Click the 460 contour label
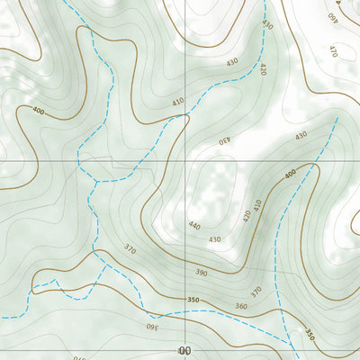tap(332, 16)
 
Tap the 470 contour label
tap(333, 51)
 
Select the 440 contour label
tap(195, 226)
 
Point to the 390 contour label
tap(201, 271)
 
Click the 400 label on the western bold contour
tap(38, 111)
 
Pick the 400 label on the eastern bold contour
tap(289, 173)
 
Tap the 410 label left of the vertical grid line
tap(178, 103)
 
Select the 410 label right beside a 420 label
tap(257, 204)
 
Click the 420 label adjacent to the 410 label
tap(247, 216)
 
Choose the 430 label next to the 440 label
tap(214, 239)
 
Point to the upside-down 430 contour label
tap(224, 140)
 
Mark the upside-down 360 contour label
tap(152, 326)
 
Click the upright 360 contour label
tap(240, 306)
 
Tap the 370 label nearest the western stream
tap(130, 249)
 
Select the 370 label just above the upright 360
tap(256, 291)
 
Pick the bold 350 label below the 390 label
tap(192, 299)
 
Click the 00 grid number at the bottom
tap(185, 349)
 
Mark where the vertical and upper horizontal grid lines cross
tap(186, 159)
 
